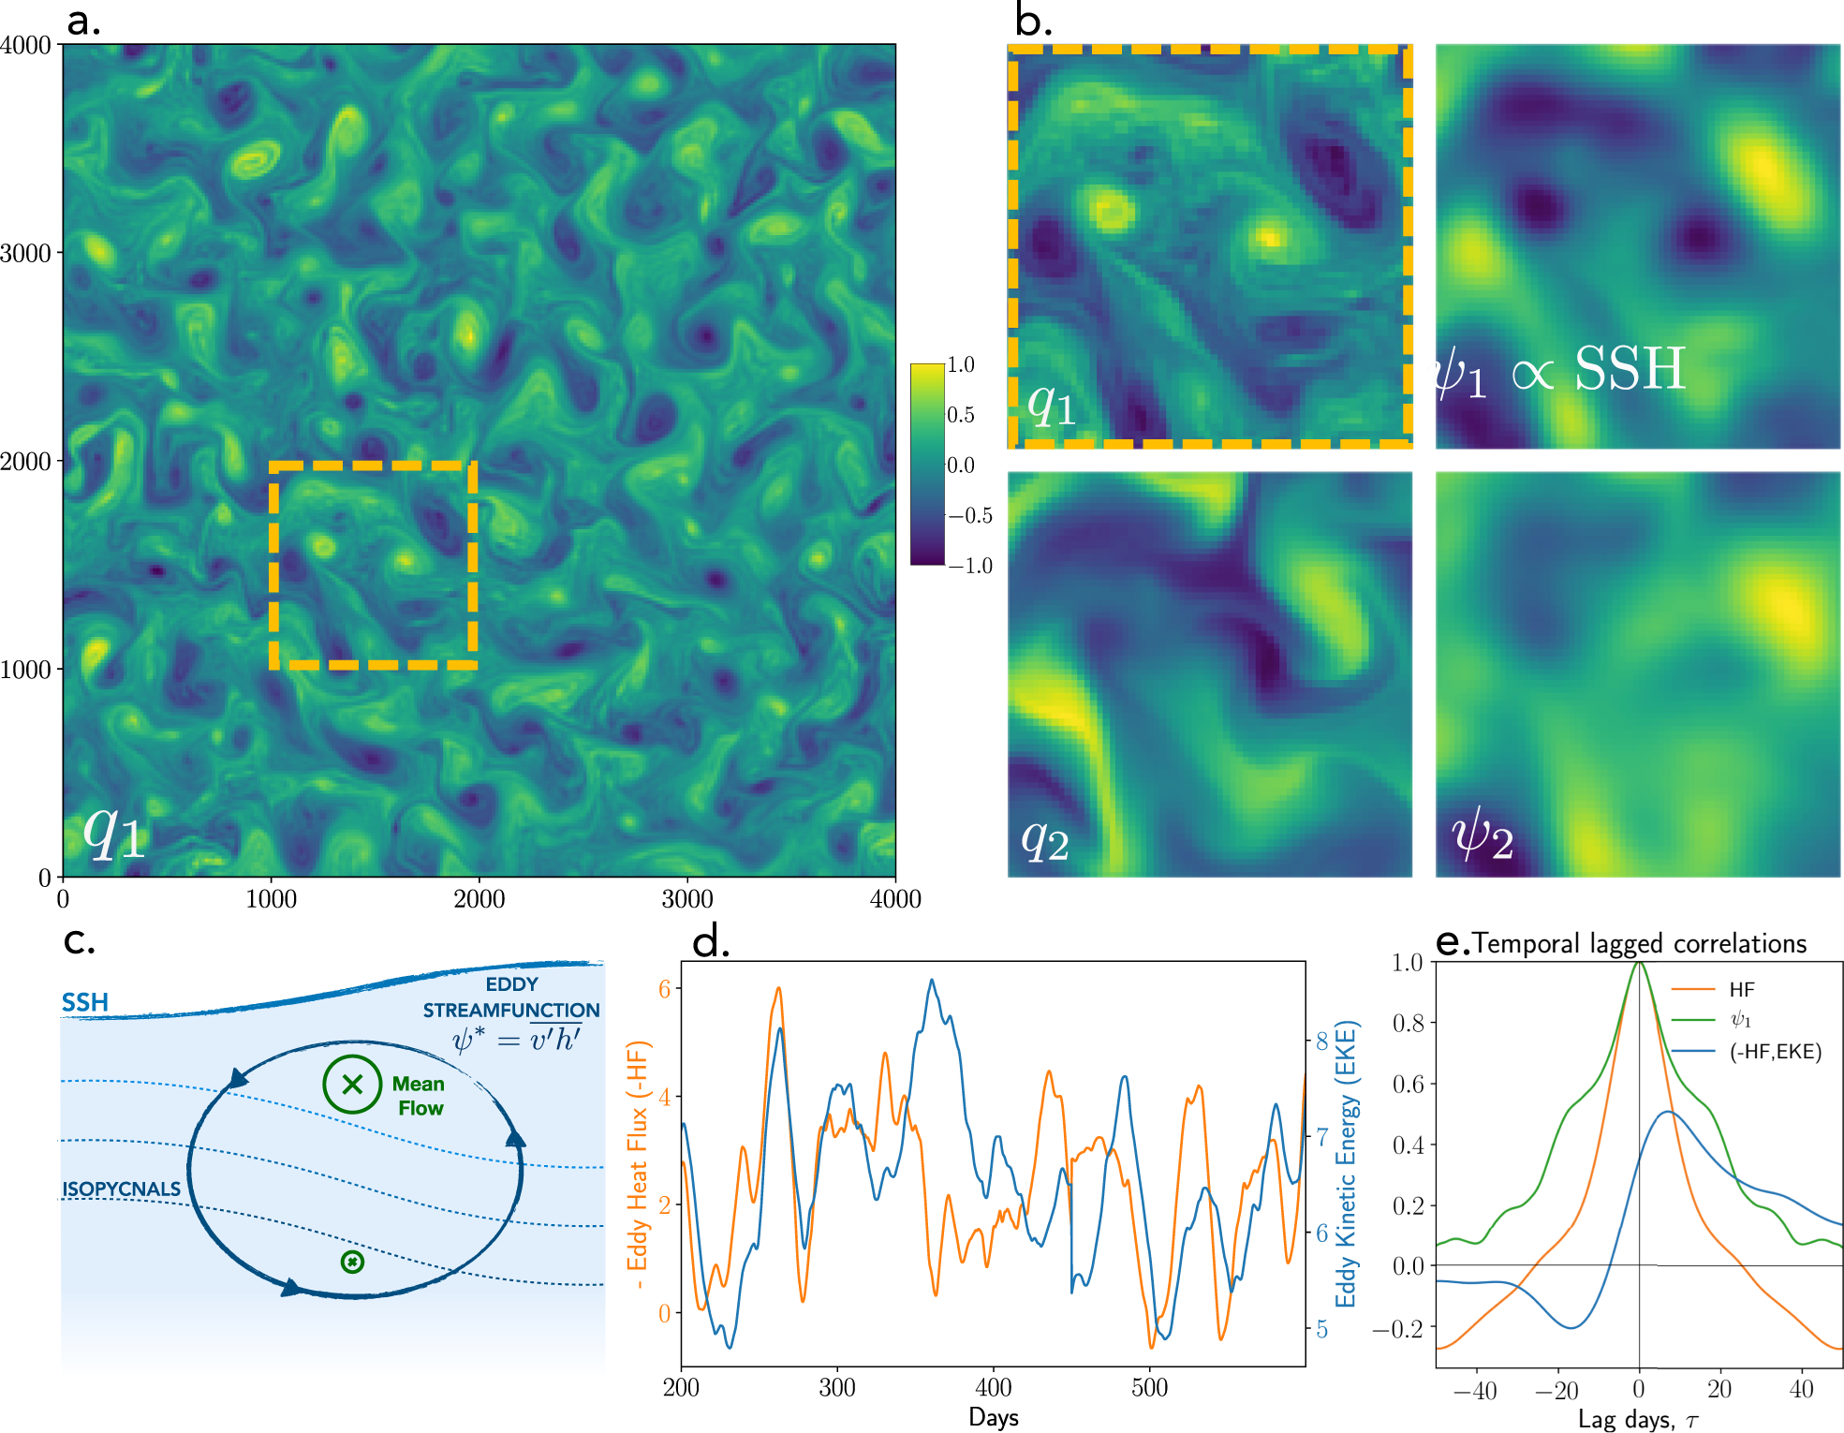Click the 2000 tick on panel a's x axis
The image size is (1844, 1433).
(479, 899)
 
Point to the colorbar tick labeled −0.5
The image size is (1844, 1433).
(970, 515)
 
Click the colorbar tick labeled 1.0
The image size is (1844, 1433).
(961, 364)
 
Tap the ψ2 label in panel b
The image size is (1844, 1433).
(1482, 834)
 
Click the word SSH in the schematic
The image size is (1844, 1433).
(85, 1002)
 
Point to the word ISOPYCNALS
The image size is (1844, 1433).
(121, 1189)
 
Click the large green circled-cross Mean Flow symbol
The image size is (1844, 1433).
(352, 1085)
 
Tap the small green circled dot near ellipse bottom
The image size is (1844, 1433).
(352, 1263)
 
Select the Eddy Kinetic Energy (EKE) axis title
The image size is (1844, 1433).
(1346, 1164)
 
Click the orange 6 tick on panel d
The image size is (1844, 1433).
(664, 989)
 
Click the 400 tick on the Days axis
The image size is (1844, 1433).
(993, 1387)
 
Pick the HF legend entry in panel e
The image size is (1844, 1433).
(1741, 990)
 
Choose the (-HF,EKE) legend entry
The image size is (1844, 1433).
(1775, 1052)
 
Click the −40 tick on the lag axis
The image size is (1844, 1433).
(1475, 1391)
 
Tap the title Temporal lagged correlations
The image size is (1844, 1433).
(1639, 943)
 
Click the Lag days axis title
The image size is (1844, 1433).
(1637, 1420)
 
